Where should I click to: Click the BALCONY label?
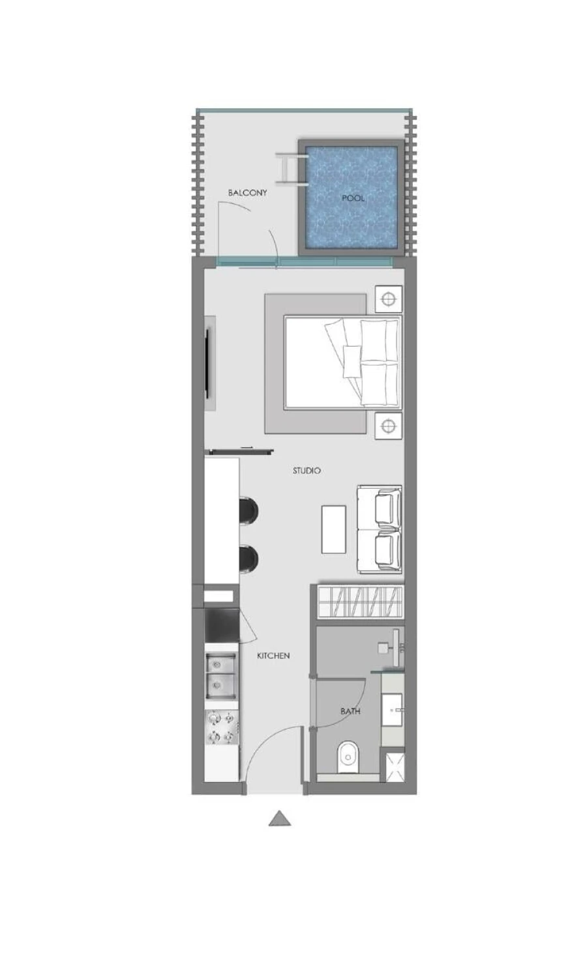[x=247, y=193]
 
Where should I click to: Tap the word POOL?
[x=353, y=197]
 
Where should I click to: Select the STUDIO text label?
[x=307, y=470]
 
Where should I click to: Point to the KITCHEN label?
[x=273, y=656]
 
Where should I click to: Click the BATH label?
[x=350, y=711]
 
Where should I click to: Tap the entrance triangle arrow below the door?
[x=279, y=819]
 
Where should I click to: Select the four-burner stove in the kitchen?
[x=221, y=727]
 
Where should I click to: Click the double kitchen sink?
[x=221, y=676]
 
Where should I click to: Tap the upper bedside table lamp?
[x=388, y=299]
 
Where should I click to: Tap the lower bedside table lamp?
[x=388, y=426]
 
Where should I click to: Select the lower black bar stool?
[x=248, y=559]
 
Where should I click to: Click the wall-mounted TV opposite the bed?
[x=209, y=364]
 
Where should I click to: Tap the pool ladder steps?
[x=287, y=169]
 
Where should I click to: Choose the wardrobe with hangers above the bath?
[x=358, y=601]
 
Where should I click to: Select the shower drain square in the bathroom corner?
[x=393, y=767]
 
